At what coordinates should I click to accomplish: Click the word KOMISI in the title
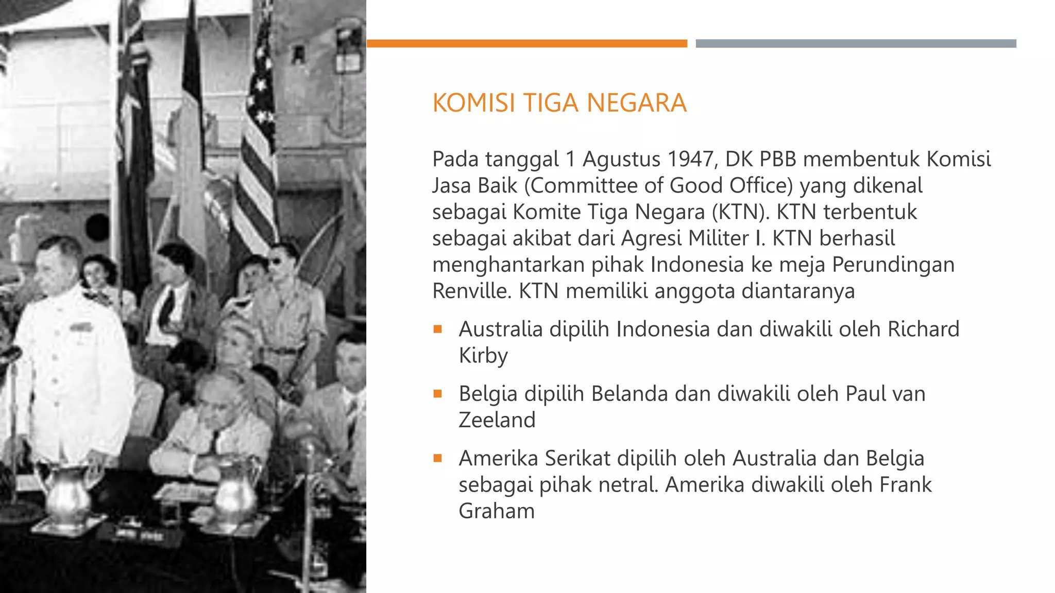click(473, 103)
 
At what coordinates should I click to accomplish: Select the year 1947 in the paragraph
click(692, 159)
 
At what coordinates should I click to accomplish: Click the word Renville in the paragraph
click(471, 291)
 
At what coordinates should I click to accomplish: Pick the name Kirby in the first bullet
click(483, 356)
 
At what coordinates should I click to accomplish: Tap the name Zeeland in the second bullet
click(497, 420)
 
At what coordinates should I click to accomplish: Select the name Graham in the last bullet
click(497, 511)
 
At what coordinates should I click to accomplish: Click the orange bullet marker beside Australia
click(438, 329)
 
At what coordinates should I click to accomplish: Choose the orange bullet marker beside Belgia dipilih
click(438, 394)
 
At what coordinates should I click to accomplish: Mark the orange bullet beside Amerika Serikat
click(438, 458)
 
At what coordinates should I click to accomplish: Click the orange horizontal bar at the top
click(526, 44)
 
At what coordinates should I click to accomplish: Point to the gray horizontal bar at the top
click(856, 44)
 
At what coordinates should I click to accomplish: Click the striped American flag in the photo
click(258, 144)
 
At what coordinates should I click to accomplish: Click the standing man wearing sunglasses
click(286, 309)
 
